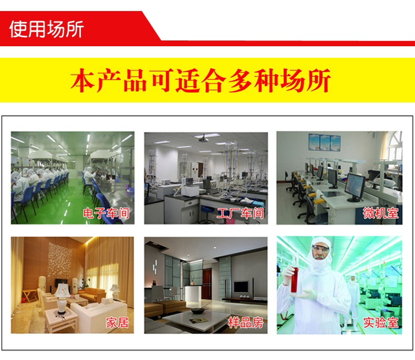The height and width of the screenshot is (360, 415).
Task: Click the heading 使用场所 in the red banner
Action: click(47, 29)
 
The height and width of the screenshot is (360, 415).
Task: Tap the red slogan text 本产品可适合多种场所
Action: click(201, 80)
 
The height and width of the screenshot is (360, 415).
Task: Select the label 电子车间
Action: click(106, 213)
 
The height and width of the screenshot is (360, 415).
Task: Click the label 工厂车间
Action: click(240, 213)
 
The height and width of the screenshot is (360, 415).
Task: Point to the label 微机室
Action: click(381, 213)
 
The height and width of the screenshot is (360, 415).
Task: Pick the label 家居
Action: click(117, 323)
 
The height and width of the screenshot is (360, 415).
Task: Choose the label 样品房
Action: click(246, 323)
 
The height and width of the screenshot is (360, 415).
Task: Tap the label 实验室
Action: click(381, 323)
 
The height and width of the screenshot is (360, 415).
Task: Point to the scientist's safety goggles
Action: click(320, 249)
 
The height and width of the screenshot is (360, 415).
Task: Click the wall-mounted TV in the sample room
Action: click(241, 286)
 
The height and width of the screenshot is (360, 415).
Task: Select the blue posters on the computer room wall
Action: click(325, 142)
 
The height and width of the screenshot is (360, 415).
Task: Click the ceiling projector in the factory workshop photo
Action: click(203, 139)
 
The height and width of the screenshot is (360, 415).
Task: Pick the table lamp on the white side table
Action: click(62, 298)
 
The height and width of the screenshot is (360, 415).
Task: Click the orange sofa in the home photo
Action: click(92, 294)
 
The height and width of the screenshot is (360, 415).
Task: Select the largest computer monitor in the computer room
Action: click(355, 187)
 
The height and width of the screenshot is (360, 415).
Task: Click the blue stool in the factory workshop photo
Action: click(207, 212)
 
